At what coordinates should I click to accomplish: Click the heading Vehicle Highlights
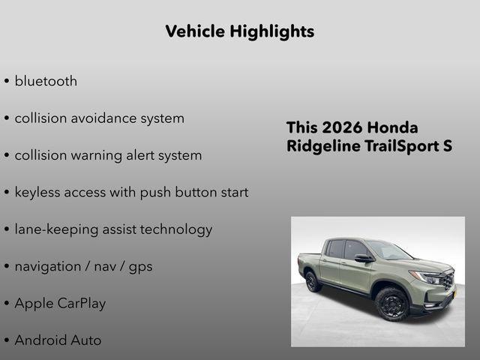[x=239, y=31]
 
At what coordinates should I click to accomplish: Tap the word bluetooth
[x=46, y=81]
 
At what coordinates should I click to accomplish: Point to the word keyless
[x=39, y=193]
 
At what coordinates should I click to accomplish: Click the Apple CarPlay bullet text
[x=60, y=304]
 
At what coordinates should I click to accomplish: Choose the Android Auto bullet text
[x=58, y=340]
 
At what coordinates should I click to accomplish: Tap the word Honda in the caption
[x=394, y=127]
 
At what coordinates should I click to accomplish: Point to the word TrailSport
[x=400, y=146]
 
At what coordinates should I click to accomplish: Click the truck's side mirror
[x=363, y=259]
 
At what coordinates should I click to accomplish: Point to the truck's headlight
[x=432, y=277]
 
